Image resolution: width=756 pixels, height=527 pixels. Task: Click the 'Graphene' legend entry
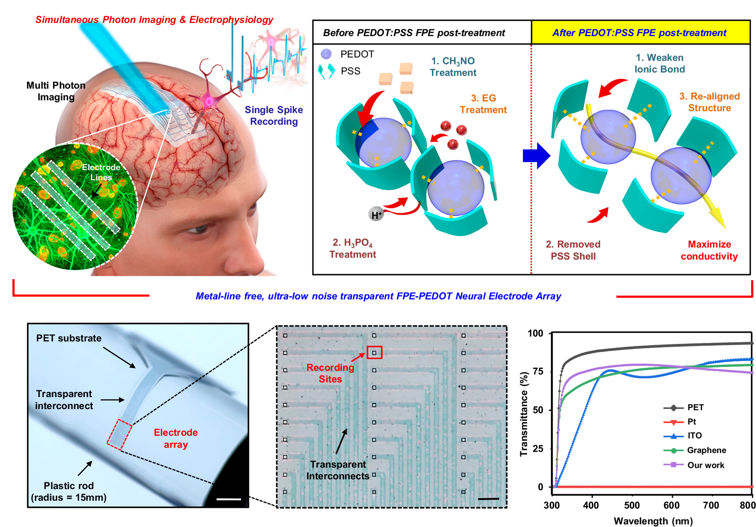click(706, 450)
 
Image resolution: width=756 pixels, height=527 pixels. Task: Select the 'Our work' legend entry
click(706, 465)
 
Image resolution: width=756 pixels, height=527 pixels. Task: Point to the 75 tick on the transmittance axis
click(538, 372)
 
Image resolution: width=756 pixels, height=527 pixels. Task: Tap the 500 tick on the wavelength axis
click(632, 506)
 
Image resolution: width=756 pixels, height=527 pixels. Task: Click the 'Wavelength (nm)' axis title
click(653, 521)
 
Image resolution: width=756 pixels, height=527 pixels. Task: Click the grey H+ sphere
click(376, 215)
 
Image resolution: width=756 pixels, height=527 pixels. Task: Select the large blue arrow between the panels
click(536, 155)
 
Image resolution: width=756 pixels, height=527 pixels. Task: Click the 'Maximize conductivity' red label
click(709, 250)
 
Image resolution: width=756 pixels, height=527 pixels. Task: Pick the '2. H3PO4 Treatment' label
click(353, 248)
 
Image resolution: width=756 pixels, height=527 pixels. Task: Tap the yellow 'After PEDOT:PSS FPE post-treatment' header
click(639, 33)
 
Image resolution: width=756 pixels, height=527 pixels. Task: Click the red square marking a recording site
click(374, 353)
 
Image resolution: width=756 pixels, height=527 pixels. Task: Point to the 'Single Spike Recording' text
click(273, 116)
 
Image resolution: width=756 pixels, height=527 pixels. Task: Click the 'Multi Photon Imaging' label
click(56, 91)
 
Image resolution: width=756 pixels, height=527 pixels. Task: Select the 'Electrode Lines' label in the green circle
click(101, 172)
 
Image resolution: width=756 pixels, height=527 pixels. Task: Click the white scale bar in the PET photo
click(229, 499)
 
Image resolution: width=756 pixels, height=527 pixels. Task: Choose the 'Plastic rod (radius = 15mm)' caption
click(69, 492)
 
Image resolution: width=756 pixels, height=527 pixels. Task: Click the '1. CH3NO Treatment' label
click(453, 67)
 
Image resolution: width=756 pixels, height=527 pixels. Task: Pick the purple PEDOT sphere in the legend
click(326, 54)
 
